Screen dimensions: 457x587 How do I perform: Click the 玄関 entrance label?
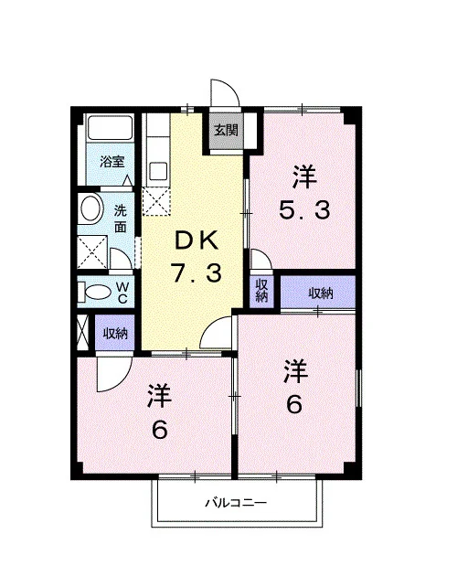click(226, 130)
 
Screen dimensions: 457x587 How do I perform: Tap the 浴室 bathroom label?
click(112, 162)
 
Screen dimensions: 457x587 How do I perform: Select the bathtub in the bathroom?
click(110, 128)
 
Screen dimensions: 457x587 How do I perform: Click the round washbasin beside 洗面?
click(91, 208)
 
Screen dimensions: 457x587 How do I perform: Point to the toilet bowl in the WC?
click(98, 292)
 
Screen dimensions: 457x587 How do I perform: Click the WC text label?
click(122, 293)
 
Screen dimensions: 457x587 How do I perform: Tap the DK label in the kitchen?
click(197, 240)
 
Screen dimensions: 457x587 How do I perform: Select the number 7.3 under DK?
click(197, 272)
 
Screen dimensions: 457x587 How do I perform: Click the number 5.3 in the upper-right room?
click(304, 209)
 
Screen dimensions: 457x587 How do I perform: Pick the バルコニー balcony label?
click(236, 502)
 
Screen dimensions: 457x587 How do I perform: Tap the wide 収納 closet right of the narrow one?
click(318, 292)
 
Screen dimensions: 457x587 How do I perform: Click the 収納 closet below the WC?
click(114, 333)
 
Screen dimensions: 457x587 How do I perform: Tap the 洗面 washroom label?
click(120, 219)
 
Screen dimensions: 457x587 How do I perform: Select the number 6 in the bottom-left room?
click(159, 431)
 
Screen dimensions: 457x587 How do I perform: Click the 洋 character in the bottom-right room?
click(296, 371)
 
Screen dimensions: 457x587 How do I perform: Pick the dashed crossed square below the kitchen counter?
click(156, 201)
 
